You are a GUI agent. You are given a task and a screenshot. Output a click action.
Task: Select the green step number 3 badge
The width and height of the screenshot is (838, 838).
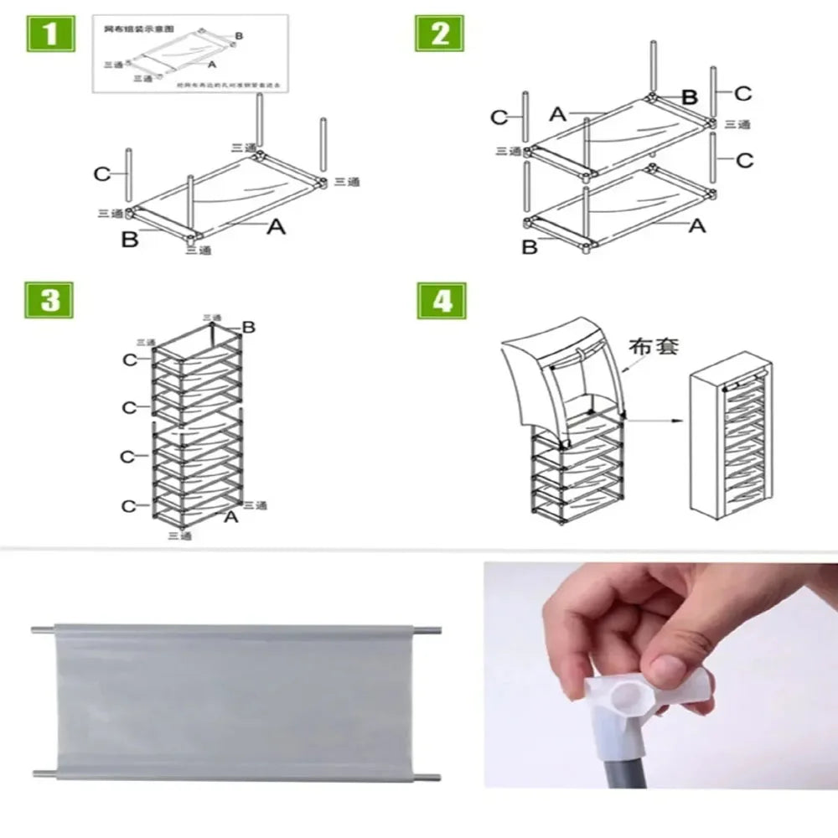click(x=49, y=301)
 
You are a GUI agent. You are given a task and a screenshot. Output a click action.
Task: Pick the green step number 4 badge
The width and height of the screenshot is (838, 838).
click(x=442, y=301)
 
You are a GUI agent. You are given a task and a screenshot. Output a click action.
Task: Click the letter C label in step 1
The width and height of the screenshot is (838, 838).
click(x=102, y=174)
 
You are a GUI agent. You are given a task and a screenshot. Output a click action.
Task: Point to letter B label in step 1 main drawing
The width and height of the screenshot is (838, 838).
click(x=130, y=240)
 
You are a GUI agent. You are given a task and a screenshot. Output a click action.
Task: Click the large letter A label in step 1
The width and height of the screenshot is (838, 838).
click(x=276, y=226)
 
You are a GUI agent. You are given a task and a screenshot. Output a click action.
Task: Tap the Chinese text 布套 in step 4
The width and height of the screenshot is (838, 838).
click(x=653, y=345)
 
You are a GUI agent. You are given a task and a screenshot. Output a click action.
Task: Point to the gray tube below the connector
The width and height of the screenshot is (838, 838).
click(x=624, y=767)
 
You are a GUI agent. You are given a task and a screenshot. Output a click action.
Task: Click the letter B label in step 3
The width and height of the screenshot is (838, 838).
click(x=248, y=327)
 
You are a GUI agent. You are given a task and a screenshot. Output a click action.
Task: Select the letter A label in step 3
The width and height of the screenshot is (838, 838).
click(x=231, y=517)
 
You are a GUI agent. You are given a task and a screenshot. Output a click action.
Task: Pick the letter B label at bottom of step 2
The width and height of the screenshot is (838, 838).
click(x=530, y=247)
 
